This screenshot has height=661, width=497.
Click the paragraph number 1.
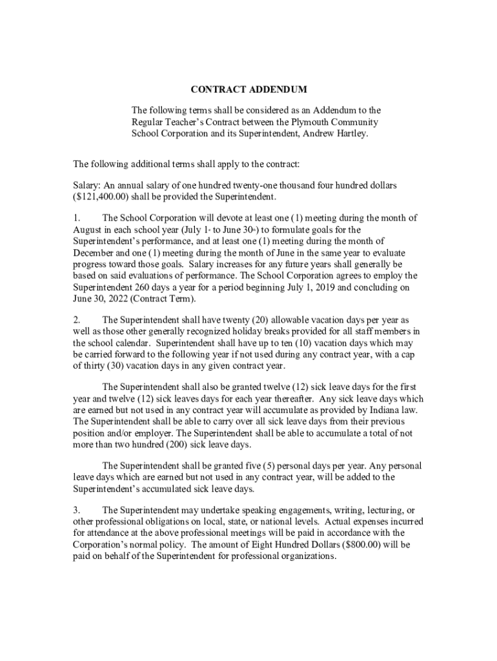pyautogui.click(x=76, y=218)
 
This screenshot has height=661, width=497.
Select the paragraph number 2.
pyautogui.click(x=76, y=320)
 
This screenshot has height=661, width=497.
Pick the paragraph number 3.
pyautogui.click(x=76, y=511)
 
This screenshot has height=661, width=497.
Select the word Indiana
pyautogui.click(x=373, y=410)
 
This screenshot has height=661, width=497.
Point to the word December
pyautogui.click(x=96, y=252)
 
